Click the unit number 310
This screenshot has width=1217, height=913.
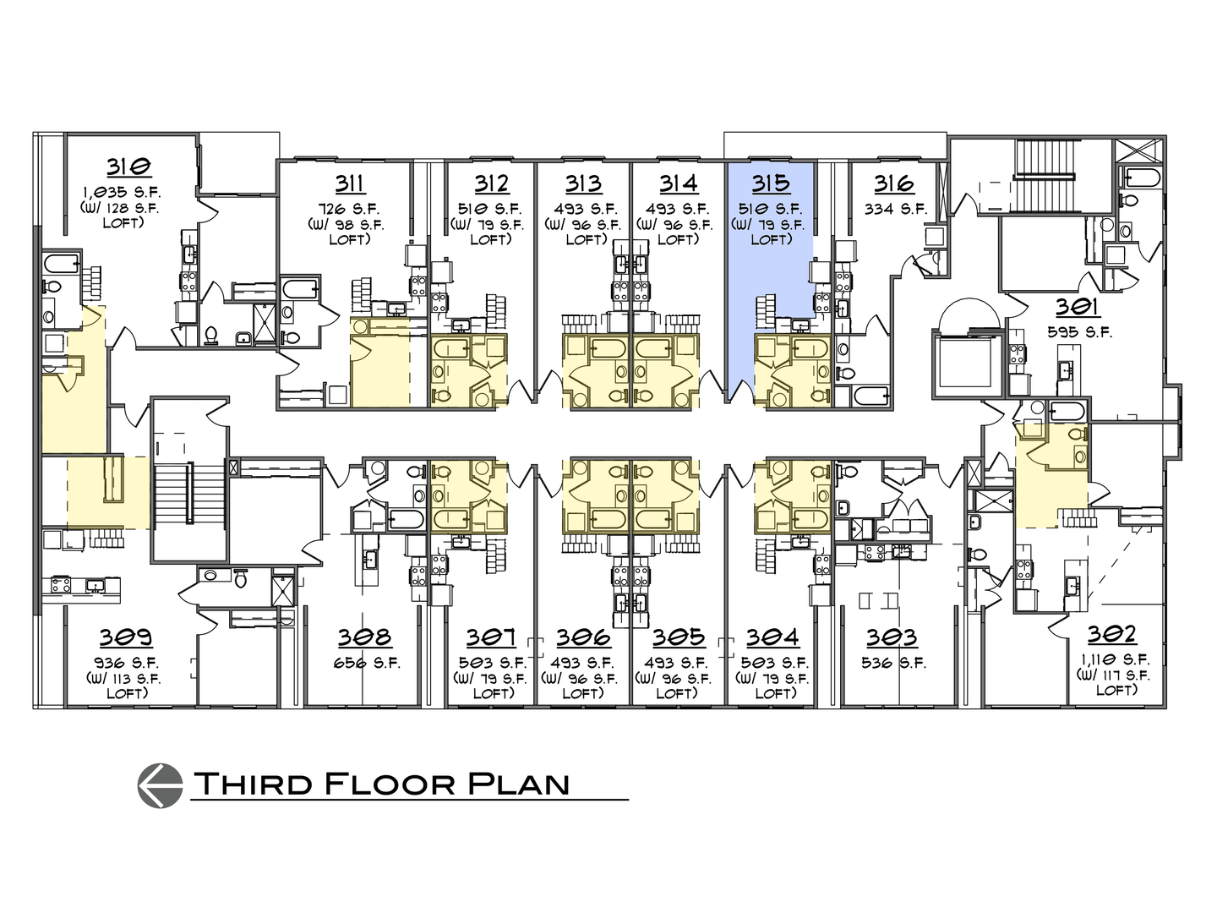click(128, 167)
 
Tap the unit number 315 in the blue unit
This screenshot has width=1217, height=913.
click(770, 183)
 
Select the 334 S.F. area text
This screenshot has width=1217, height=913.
click(895, 209)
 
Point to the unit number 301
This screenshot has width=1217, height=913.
click(1076, 309)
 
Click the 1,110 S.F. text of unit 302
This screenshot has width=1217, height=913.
click(1113, 659)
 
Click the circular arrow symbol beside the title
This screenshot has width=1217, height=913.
click(160, 785)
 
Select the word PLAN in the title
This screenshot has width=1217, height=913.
click(517, 784)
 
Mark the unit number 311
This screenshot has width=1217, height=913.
click(349, 183)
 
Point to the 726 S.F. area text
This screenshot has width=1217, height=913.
click(349, 209)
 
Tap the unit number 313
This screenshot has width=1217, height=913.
click(583, 183)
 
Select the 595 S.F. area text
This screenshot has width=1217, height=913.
click(1076, 332)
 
